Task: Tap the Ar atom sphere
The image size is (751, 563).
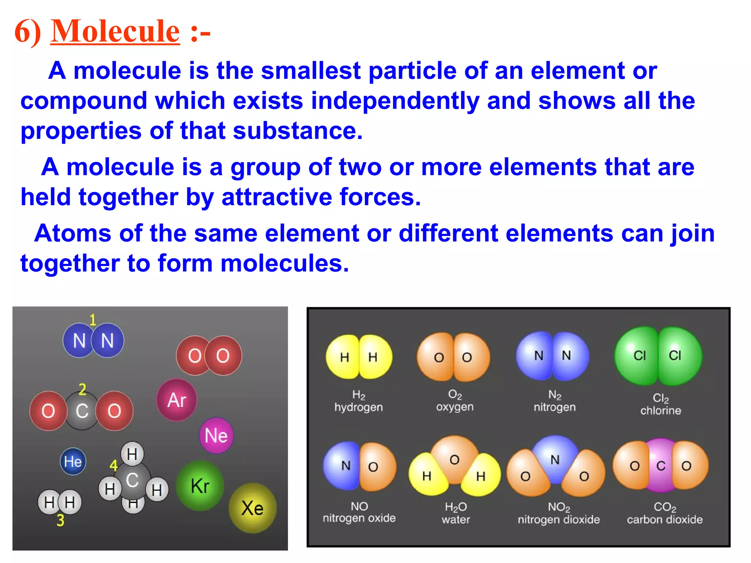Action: pyautogui.click(x=177, y=400)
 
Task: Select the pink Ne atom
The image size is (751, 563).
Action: pyautogui.click(x=216, y=435)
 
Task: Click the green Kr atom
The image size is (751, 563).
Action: pyautogui.click(x=200, y=486)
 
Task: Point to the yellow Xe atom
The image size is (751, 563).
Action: pyautogui.click(x=252, y=508)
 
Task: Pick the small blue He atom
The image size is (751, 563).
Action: pyautogui.click(x=73, y=461)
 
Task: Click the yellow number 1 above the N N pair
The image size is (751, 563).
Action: pyautogui.click(x=93, y=320)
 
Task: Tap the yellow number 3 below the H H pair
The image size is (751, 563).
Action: pyautogui.click(x=61, y=520)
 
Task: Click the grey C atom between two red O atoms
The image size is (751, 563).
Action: pyautogui.click(x=82, y=411)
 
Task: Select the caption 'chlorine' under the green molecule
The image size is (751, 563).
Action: pyautogui.click(x=660, y=411)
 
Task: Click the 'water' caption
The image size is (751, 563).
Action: pyautogui.click(x=455, y=519)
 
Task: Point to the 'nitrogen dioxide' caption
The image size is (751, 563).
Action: pyautogui.click(x=558, y=519)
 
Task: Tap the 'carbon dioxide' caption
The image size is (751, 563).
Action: pyautogui.click(x=664, y=519)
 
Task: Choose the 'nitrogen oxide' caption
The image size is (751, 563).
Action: pyautogui.click(x=359, y=518)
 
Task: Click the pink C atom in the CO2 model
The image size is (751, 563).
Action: pyautogui.click(x=661, y=466)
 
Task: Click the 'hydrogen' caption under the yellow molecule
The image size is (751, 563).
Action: pyautogui.click(x=358, y=407)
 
